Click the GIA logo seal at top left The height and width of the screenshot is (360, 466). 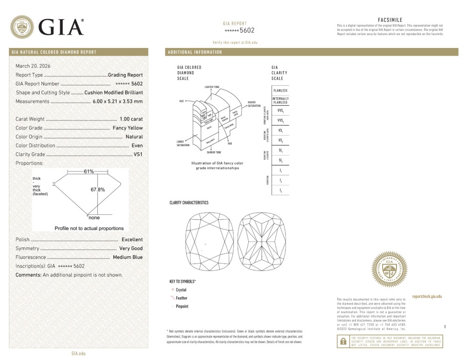(21, 27)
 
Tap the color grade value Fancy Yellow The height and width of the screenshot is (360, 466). (128, 128)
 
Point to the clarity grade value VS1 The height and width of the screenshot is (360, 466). (138, 155)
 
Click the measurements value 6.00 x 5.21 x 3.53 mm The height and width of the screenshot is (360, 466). (117, 102)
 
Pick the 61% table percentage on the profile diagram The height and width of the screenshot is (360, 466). (89, 172)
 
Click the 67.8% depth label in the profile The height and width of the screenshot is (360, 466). (97, 190)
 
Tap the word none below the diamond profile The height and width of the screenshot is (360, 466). (94, 217)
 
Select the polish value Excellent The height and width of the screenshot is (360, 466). (132, 239)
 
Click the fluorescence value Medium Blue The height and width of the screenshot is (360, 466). (127, 257)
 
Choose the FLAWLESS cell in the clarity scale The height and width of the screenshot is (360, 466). (280, 90)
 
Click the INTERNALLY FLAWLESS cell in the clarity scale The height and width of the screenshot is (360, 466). (280, 101)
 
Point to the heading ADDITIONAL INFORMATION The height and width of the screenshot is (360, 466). (195, 52)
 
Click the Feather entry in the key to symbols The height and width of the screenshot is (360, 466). (182, 298)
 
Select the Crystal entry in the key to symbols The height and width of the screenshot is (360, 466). (181, 290)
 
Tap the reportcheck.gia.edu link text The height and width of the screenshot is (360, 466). (427, 296)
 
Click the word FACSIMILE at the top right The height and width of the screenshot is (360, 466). (390, 20)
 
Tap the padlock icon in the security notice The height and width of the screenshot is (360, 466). (343, 341)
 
